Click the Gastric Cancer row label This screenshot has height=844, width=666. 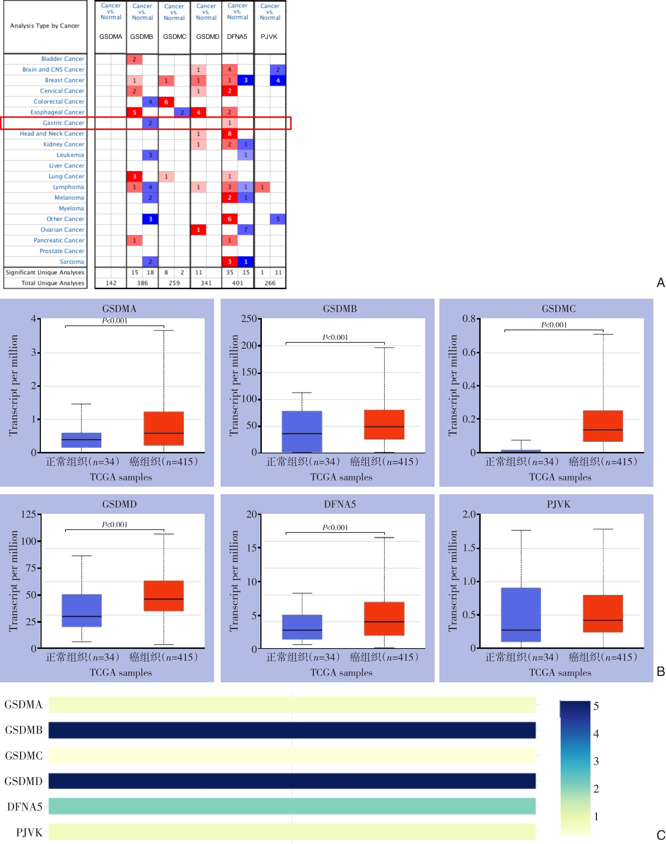click(x=63, y=123)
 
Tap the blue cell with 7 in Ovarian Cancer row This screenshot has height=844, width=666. click(x=246, y=230)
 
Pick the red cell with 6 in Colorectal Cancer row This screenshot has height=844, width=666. click(x=166, y=102)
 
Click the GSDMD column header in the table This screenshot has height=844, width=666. click(x=208, y=37)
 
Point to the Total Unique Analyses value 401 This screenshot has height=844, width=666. click(x=238, y=283)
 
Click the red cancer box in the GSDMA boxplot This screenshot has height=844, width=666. click(x=164, y=428)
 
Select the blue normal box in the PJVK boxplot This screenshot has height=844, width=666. click(x=521, y=614)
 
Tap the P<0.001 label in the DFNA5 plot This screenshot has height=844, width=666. click(x=335, y=527)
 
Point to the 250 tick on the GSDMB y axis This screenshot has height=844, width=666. click(x=249, y=319)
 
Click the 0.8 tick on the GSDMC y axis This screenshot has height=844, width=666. click(x=469, y=319)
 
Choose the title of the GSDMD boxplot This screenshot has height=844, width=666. click(x=119, y=504)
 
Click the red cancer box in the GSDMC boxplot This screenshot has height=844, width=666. click(x=603, y=426)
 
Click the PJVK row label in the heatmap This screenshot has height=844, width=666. click(x=29, y=832)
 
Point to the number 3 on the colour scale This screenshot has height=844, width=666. click(x=596, y=761)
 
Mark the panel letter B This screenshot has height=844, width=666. click(x=661, y=671)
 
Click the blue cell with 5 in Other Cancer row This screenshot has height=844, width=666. click(x=278, y=219)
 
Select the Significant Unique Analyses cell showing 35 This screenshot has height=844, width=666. click(x=230, y=273)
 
